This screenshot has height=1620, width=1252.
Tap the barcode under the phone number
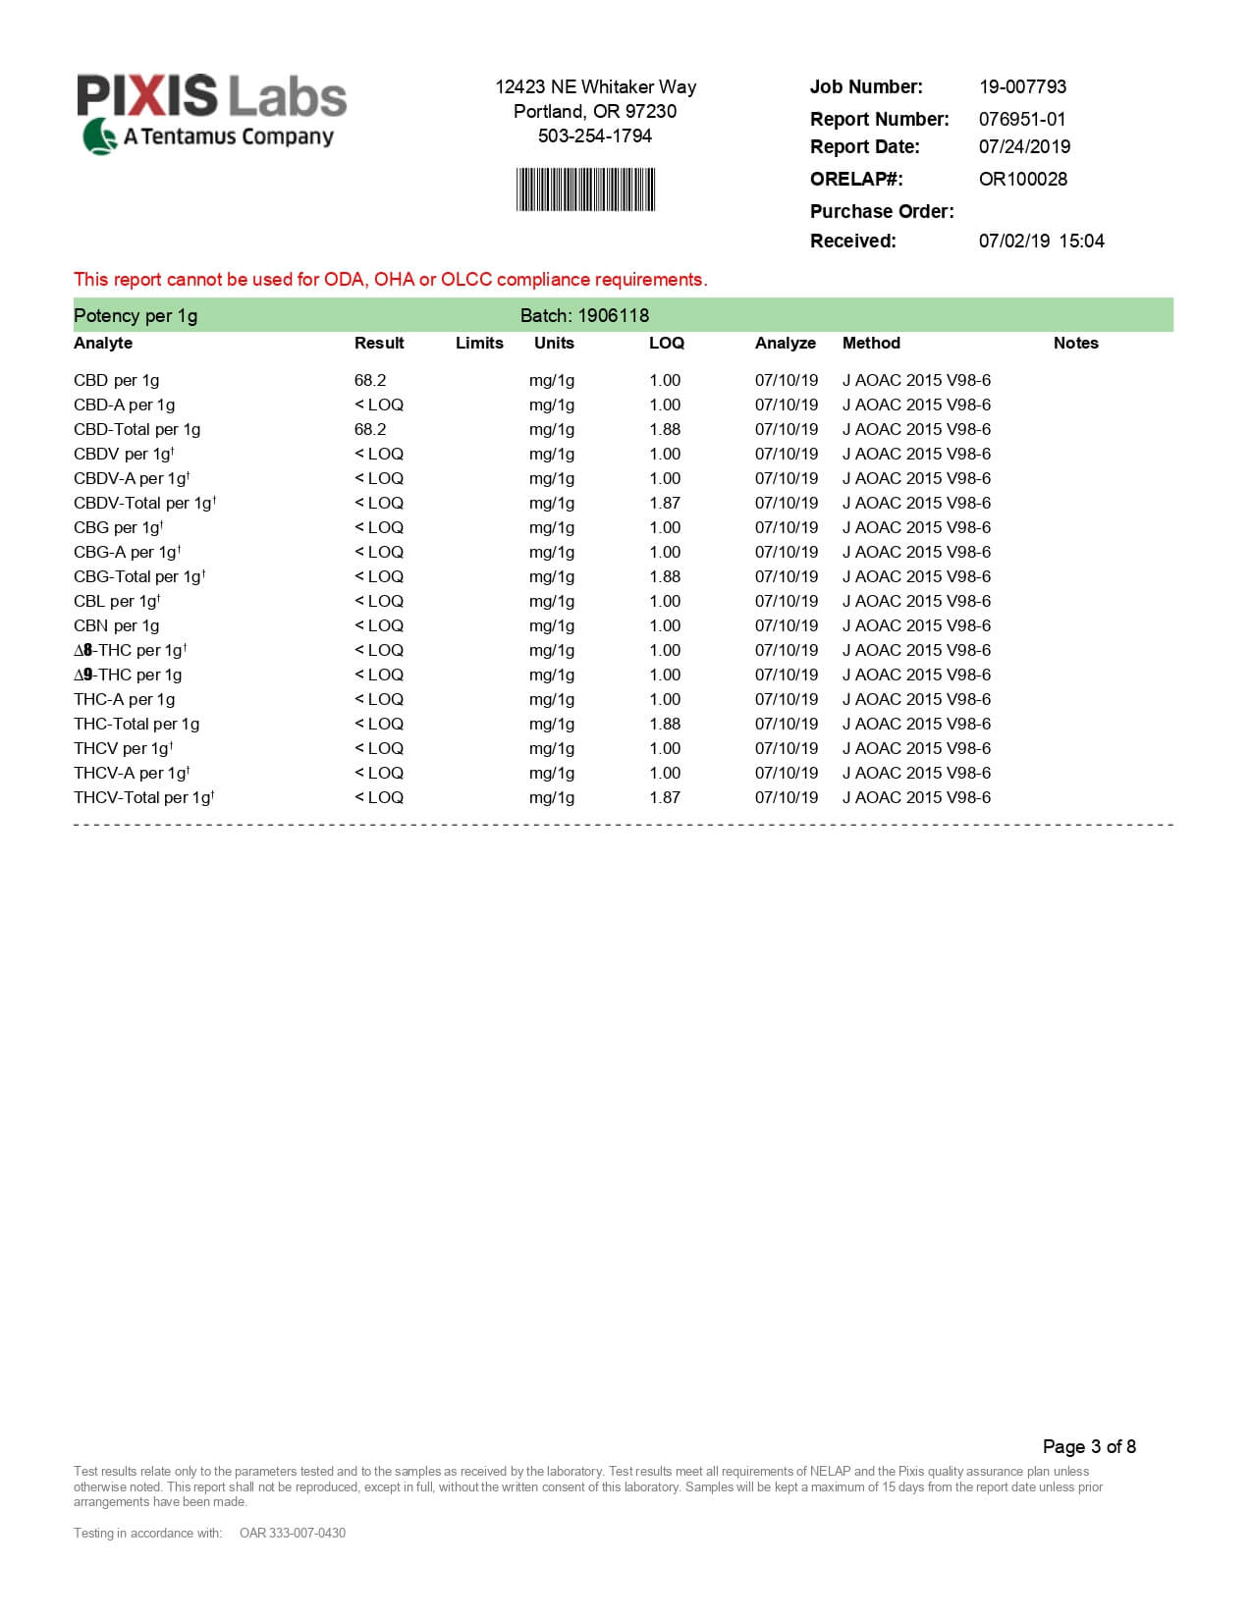pos(585,189)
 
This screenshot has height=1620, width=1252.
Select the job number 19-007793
pos(1022,86)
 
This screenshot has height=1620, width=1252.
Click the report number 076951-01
pos(1021,119)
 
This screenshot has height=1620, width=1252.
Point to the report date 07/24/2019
pos(1024,146)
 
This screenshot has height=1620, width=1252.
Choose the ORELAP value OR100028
pos(1022,179)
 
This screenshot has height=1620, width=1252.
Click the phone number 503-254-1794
pos(594,135)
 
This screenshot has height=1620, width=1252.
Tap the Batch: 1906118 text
pos(584,315)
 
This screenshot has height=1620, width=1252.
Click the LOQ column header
pos(666,343)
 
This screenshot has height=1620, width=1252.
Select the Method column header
pos(871,343)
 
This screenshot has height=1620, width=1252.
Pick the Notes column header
pos(1075,343)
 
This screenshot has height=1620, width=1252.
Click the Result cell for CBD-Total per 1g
pos(370,429)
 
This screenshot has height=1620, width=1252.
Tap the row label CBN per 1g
pos(116,625)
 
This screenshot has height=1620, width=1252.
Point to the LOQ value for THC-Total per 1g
pos(665,724)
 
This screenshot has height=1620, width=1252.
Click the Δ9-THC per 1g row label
pos(128,675)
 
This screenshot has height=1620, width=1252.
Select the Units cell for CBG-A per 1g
pos(552,552)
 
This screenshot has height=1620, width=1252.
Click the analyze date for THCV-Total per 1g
pos(786,797)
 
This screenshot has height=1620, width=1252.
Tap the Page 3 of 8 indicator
pos(1089,1446)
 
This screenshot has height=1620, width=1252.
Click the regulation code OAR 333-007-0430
pos(293,1533)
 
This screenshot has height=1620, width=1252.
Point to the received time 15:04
pos(1081,241)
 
